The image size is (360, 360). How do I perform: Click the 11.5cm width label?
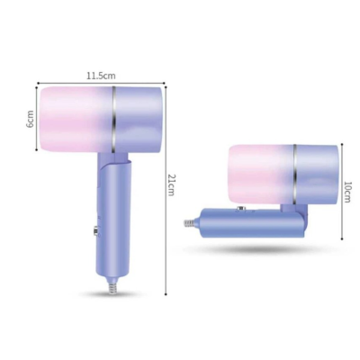[99, 77]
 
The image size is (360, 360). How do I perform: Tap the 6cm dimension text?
[29, 119]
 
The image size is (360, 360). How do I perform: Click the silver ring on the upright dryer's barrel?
[114, 120]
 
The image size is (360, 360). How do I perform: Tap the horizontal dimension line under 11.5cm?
[99, 85]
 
